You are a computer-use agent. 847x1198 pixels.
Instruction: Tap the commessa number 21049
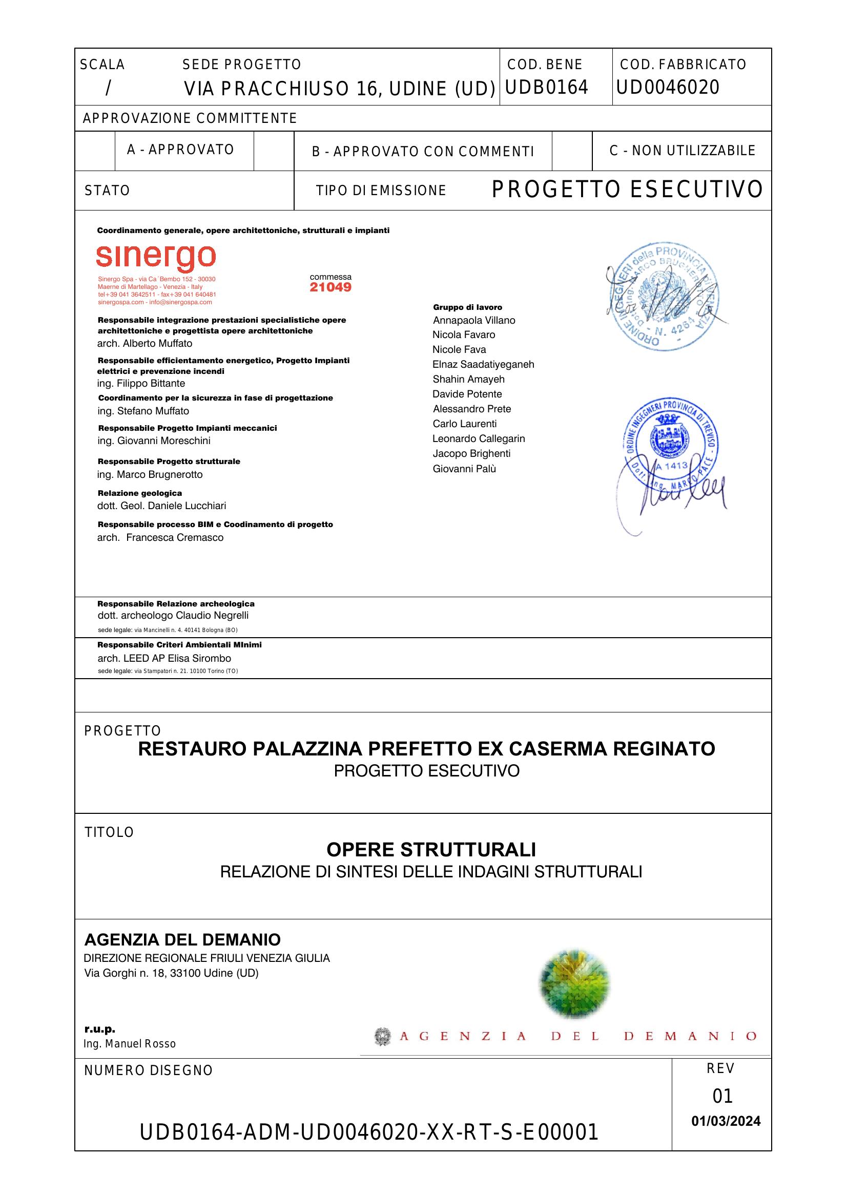[x=330, y=287]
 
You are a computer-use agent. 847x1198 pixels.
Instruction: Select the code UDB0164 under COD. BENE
[x=546, y=87]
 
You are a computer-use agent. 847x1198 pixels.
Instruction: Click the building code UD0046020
[x=668, y=87]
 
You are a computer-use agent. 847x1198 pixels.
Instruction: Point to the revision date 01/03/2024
[x=726, y=1121]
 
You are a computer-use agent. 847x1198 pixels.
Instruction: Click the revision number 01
[x=722, y=1096]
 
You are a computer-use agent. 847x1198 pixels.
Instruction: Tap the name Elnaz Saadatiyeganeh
[x=483, y=364]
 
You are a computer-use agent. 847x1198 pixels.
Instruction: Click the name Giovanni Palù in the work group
[x=464, y=469]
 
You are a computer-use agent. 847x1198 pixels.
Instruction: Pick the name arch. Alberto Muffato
[x=144, y=343]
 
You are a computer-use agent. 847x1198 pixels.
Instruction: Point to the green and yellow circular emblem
[x=574, y=983]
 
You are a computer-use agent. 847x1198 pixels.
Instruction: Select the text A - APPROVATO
[x=180, y=150]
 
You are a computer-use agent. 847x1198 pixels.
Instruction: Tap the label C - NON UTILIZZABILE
[x=682, y=151]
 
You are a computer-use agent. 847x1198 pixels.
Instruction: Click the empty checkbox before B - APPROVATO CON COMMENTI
[x=274, y=151]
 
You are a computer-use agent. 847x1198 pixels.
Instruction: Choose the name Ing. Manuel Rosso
[x=130, y=1044]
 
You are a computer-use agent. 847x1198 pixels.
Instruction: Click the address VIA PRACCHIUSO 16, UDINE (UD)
[x=339, y=89]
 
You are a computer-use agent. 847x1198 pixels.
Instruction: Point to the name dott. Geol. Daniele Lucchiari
[x=161, y=506]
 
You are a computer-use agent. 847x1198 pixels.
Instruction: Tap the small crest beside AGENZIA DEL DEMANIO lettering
[x=383, y=1036]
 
